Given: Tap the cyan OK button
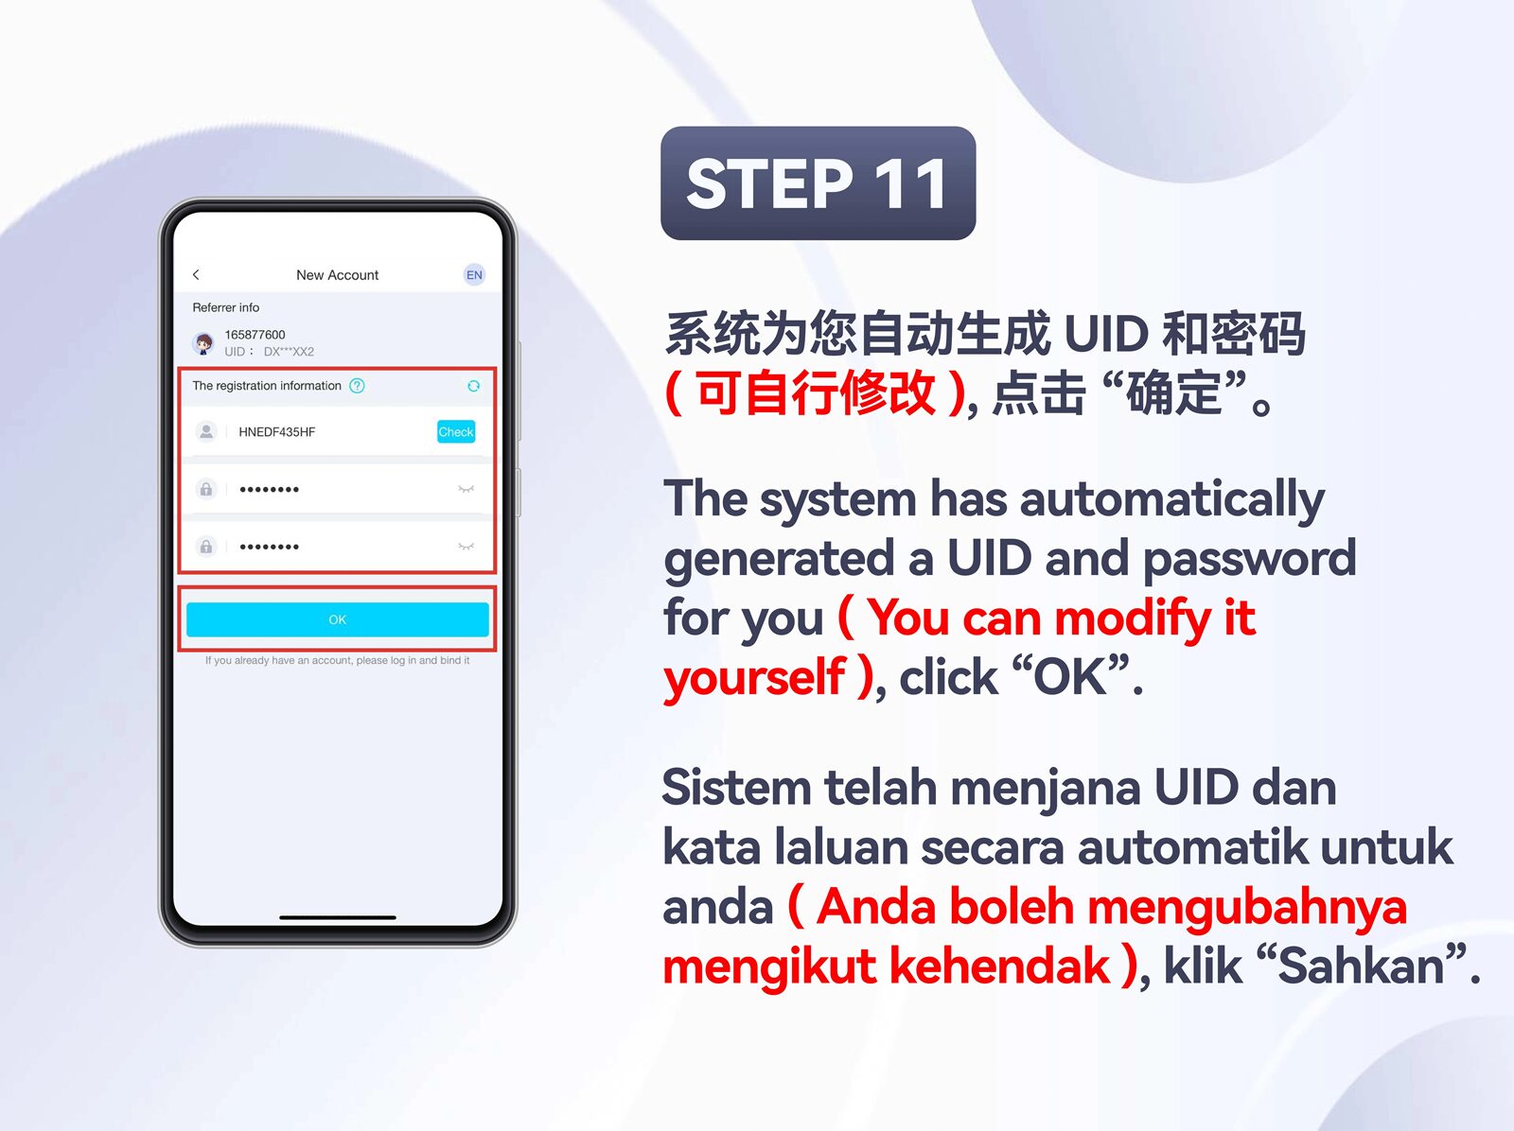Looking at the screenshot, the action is point(337,619).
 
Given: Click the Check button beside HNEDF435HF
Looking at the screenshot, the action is point(456,432).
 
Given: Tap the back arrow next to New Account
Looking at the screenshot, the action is point(196,275).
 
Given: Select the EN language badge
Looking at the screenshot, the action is point(474,275).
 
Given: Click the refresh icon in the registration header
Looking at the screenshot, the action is point(473,386).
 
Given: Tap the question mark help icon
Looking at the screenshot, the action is point(357,386).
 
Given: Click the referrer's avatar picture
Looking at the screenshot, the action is point(203,343).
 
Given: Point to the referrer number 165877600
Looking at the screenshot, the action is point(255,335).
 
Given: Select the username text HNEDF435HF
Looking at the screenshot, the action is point(276,432).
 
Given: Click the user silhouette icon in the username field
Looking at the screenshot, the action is point(205,432).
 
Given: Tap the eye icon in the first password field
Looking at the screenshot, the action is point(467,489).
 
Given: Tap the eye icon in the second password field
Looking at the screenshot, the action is point(467,547).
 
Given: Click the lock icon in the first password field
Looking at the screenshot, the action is point(205,489).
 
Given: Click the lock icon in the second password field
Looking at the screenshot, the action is point(205,547).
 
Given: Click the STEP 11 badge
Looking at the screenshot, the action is point(819,183).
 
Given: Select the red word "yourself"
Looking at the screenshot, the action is point(754,677).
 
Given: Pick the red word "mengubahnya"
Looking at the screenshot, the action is point(1247,909).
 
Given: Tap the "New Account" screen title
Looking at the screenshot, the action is point(337,275).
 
